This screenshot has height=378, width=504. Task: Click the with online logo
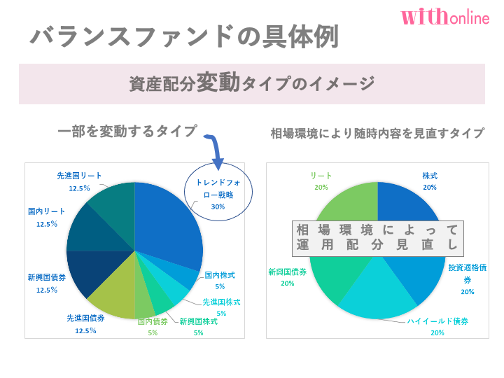pos(445,17)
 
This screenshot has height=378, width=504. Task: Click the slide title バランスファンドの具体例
pos(184,36)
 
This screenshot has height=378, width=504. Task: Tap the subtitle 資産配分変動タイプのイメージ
pos(252,84)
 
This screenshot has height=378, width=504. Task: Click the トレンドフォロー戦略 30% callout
pos(218,194)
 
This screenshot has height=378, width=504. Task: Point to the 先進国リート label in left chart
pos(79,181)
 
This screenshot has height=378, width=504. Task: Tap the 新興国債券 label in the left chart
pos(47,282)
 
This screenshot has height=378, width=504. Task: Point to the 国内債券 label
pos(153,327)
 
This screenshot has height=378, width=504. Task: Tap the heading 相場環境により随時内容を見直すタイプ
pos(377,133)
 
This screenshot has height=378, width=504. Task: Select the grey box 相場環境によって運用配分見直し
pos(377,237)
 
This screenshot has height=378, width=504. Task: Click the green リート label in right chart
pos(321,181)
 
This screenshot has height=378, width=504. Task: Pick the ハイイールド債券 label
pos(437,326)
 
